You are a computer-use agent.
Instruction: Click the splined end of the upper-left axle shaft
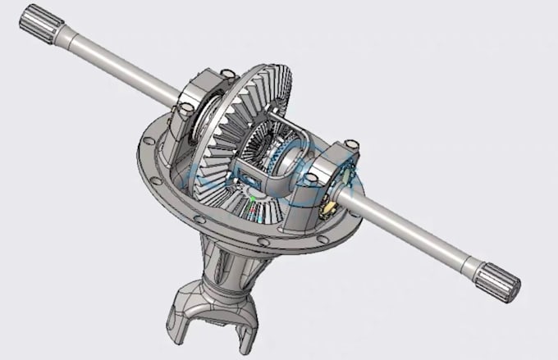tap(37, 21)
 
